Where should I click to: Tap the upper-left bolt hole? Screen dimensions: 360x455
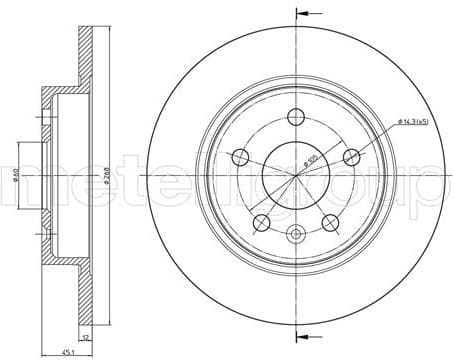pos(240,156)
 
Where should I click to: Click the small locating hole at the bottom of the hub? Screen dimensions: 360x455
pos(296,236)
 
